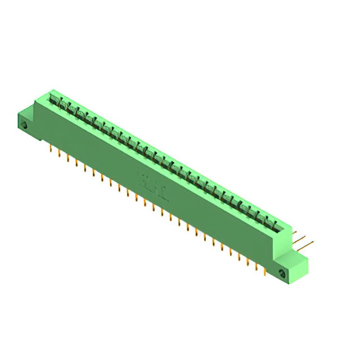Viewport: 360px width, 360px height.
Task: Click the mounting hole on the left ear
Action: pos(24,127)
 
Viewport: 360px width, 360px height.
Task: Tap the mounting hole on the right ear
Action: pos(282,274)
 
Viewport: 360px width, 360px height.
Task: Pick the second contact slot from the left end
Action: pos(64,107)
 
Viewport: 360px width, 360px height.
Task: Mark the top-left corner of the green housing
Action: pos(51,90)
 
